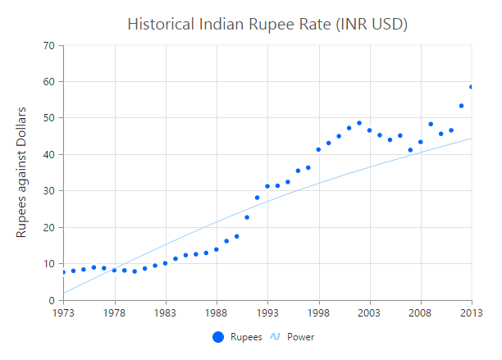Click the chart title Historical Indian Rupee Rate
pyautogui.click(x=267, y=24)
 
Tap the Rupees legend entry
pyautogui.click(x=238, y=337)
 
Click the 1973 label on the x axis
pyautogui.click(x=63, y=312)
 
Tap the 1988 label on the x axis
pyautogui.click(x=217, y=312)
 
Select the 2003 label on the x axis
pyautogui.click(x=370, y=312)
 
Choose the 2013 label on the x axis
pyautogui.click(x=471, y=312)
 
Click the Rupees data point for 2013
pyautogui.click(x=472, y=87)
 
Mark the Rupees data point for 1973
pyautogui.click(x=63, y=272)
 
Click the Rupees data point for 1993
pyautogui.click(x=267, y=186)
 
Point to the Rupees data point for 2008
pyautogui.click(x=421, y=142)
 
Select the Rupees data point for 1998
pyautogui.click(x=318, y=149)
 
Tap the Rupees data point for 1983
pyautogui.click(x=165, y=263)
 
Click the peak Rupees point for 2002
pyautogui.click(x=359, y=123)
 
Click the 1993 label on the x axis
pyautogui.click(x=267, y=312)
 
